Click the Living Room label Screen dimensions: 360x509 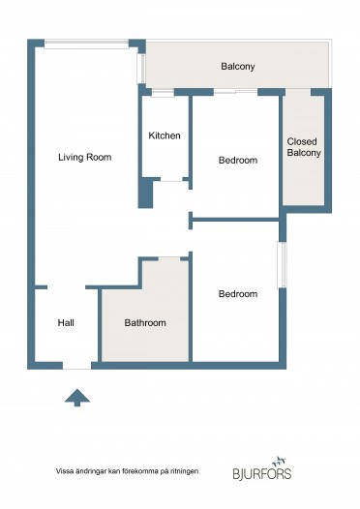[85, 158]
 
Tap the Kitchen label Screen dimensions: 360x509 [165, 135]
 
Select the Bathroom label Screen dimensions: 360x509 [145, 322]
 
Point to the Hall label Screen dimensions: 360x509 [66, 322]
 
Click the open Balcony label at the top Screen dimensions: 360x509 [238, 67]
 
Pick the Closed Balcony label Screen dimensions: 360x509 [304, 147]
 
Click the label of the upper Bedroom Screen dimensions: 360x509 [238, 160]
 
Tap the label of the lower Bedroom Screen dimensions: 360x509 [238, 294]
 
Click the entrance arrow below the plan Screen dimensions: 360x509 [76, 398]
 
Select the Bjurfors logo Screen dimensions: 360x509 [262, 468]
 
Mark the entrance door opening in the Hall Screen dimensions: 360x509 [76, 366]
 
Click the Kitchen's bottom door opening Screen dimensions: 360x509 [171, 179]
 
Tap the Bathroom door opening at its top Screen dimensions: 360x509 [169, 258]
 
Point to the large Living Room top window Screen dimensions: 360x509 [86, 45]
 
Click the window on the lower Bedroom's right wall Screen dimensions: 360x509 [282, 264]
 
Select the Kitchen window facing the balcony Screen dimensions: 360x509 [163, 93]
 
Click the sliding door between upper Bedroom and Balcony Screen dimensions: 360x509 [236, 92]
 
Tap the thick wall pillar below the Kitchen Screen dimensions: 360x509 [145, 193]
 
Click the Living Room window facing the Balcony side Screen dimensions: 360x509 [141, 69]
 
